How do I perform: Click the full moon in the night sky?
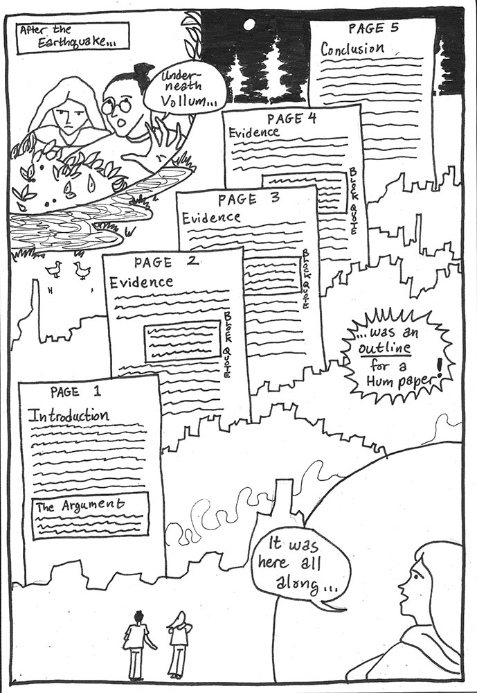click(x=248, y=24)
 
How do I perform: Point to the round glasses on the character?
click(x=116, y=106)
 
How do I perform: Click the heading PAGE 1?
click(x=76, y=392)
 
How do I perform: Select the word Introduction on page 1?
click(x=68, y=416)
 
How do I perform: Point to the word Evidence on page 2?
click(x=141, y=283)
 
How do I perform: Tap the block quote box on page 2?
click(x=182, y=341)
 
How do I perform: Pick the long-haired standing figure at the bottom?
click(x=179, y=642)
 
